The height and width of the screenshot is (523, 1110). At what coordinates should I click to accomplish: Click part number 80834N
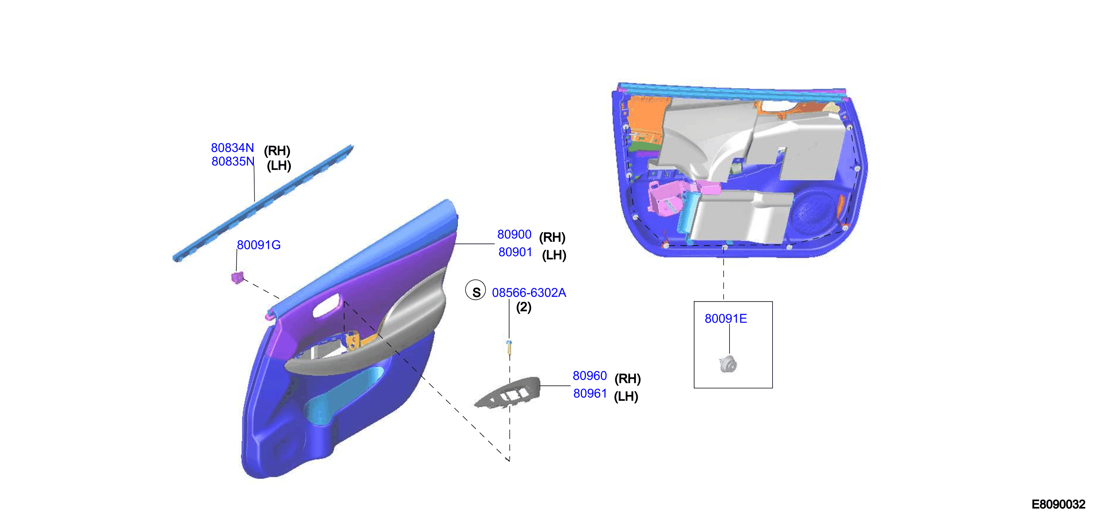(x=232, y=148)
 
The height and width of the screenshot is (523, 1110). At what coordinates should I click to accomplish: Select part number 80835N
(x=233, y=161)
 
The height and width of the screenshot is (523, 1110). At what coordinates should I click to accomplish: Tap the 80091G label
(x=259, y=245)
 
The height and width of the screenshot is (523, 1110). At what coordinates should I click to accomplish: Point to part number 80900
(x=514, y=234)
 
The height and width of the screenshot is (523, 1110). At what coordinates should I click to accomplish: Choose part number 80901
(x=516, y=252)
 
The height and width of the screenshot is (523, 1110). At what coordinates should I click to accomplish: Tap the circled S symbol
(x=476, y=290)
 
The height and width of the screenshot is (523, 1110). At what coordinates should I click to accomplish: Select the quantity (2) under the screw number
(x=524, y=307)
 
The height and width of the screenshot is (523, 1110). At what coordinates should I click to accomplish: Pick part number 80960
(x=590, y=376)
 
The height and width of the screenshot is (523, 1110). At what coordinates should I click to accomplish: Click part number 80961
(x=590, y=394)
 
